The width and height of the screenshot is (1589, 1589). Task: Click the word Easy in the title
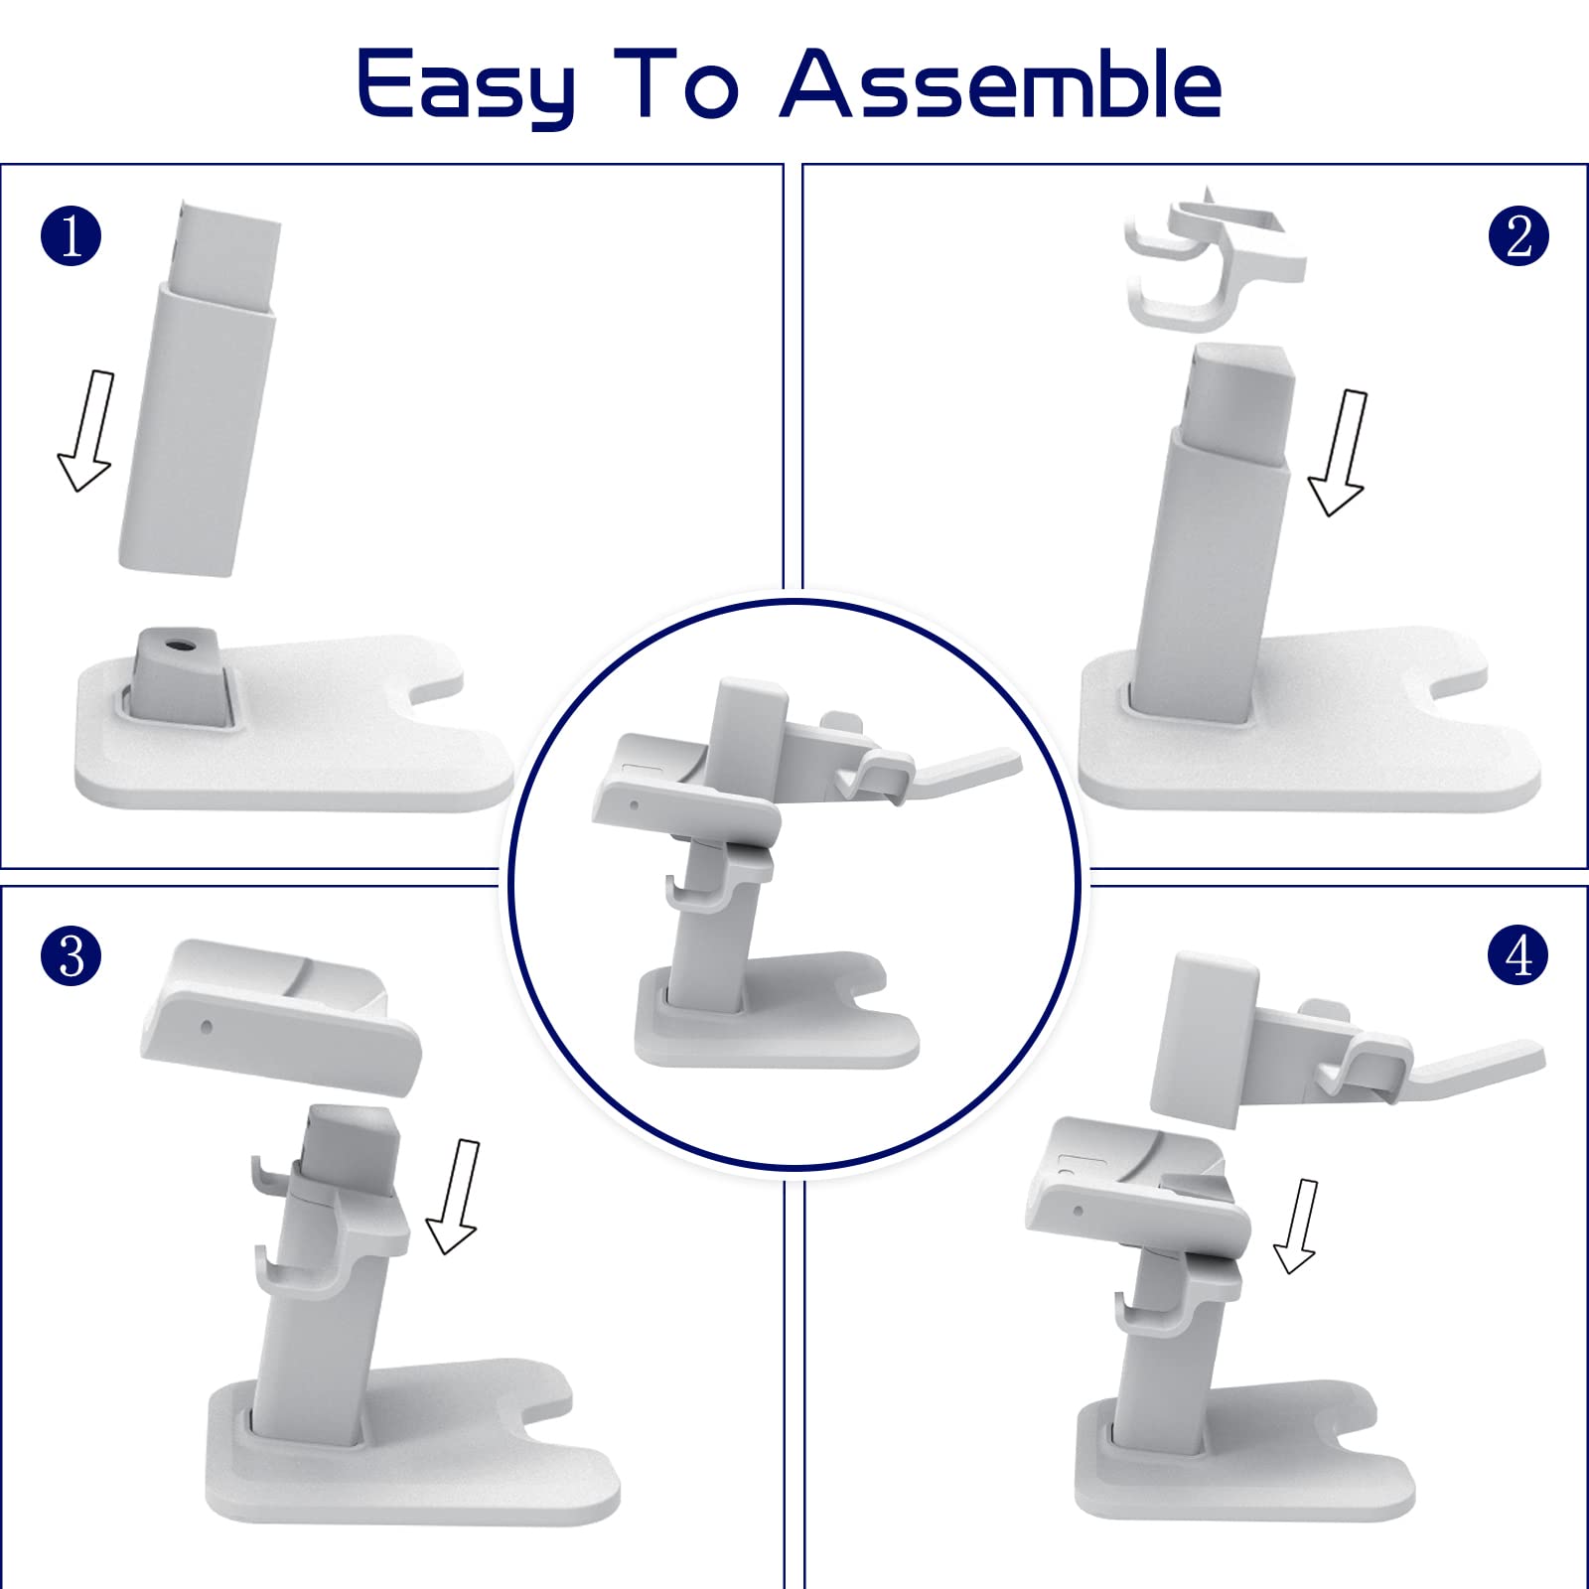coord(466,88)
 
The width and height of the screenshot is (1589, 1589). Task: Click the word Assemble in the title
coord(1001,84)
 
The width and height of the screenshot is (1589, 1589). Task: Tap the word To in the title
coord(676,84)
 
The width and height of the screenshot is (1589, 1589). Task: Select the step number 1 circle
coord(72,236)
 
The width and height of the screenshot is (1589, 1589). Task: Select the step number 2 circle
coord(1518,236)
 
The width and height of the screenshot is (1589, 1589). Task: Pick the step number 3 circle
coord(72,955)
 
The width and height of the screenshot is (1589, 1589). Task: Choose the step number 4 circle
coord(1518,955)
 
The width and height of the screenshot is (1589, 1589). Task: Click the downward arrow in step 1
coord(87,431)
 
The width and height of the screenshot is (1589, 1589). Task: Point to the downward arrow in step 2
coord(1340,453)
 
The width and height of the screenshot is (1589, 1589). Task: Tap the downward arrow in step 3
coord(455,1197)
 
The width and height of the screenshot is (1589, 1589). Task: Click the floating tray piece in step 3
coord(281,1016)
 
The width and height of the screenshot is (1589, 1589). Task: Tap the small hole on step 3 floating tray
coord(206,1027)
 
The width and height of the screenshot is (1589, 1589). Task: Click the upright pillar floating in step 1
coord(199,388)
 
